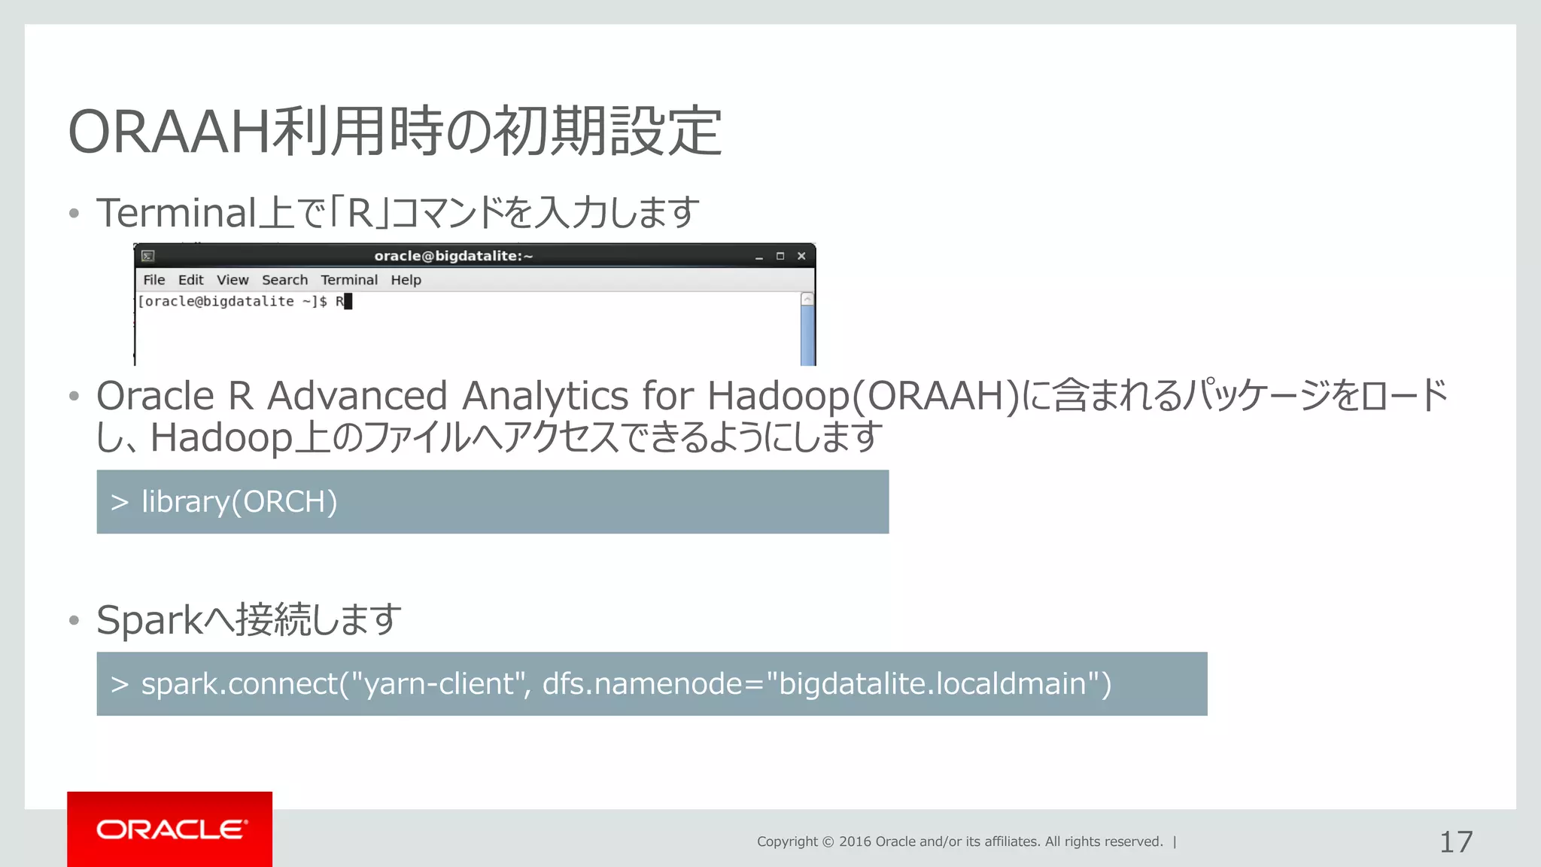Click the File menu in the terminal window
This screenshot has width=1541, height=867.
point(153,280)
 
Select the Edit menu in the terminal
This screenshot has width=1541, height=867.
point(190,280)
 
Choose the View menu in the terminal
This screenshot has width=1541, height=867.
point(233,280)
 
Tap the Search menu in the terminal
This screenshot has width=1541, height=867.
point(284,280)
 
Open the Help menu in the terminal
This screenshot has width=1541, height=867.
point(406,280)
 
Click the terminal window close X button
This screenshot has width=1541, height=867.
point(801,256)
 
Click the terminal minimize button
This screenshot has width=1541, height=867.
point(759,257)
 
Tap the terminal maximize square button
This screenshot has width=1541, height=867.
point(780,256)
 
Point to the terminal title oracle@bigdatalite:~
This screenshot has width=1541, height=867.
point(454,256)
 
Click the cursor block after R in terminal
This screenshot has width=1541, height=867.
point(348,302)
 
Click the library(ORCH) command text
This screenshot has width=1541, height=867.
point(239,502)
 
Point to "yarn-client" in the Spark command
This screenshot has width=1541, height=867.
point(439,684)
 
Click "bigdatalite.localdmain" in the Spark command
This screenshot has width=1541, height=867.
point(933,684)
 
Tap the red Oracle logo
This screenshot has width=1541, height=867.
point(170,829)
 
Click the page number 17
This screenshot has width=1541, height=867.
point(1455,842)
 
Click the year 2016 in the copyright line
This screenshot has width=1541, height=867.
point(855,841)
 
